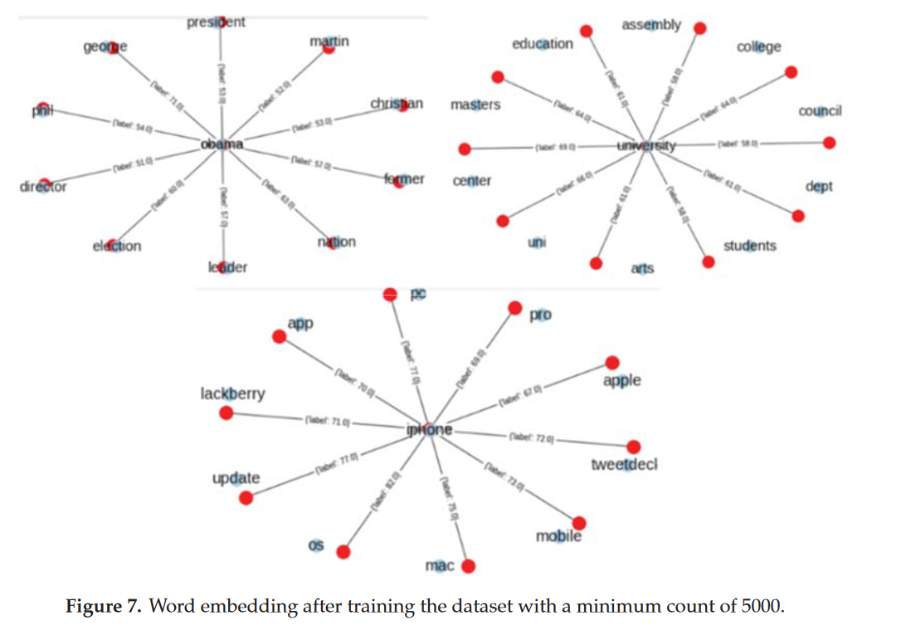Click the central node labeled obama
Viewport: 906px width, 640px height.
click(222, 144)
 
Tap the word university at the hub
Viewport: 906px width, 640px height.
click(647, 147)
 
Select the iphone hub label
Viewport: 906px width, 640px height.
click(430, 430)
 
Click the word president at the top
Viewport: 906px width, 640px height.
click(216, 22)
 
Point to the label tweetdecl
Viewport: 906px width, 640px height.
click(624, 465)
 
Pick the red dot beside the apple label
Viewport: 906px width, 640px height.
click(612, 363)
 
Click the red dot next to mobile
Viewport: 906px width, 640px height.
click(579, 523)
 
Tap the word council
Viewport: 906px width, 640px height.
click(820, 111)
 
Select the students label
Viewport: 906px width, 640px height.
click(749, 246)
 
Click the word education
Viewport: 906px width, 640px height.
click(542, 44)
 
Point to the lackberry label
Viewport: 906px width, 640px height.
click(233, 393)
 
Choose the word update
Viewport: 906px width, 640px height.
click(236, 479)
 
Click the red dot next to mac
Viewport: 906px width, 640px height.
click(468, 567)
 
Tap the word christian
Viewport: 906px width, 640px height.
click(397, 104)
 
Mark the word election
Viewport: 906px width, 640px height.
click(117, 246)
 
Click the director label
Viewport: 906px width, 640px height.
click(43, 186)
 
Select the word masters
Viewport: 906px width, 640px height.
click(475, 105)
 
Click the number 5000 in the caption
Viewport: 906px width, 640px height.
click(757, 607)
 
